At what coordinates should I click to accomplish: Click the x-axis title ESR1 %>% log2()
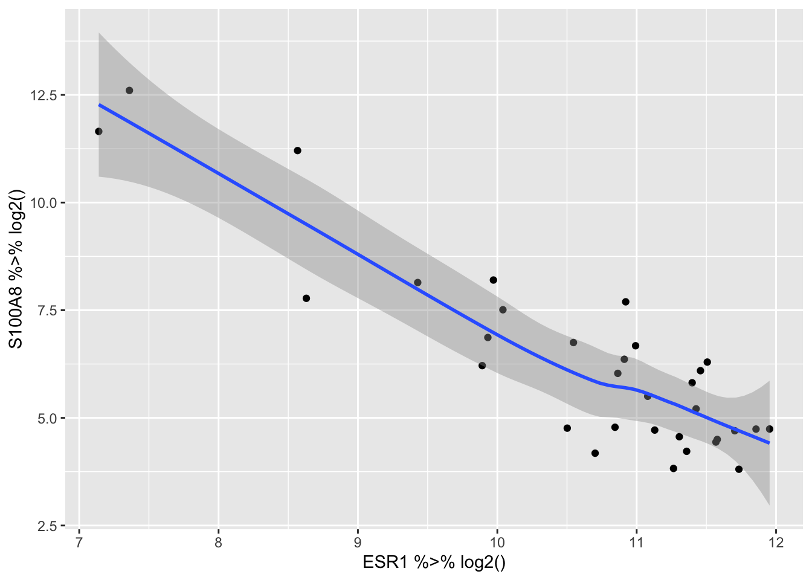[x=434, y=562]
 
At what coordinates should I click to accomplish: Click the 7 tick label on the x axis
[x=79, y=541]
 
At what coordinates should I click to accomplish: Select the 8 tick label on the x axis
[x=218, y=541]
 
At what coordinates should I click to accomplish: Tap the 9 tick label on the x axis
[x=358, y=541]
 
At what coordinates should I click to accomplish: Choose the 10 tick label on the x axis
[x=497, y=541]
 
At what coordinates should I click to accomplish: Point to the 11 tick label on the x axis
[x=636, y=541]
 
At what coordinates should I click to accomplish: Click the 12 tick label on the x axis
[x=776, y=541]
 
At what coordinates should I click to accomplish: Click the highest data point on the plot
[x=129, y=90]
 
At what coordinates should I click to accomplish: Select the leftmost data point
[x=98, y=131]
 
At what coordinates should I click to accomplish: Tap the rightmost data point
[x=769, y=429]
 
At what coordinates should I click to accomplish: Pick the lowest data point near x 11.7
[x=738, y=469]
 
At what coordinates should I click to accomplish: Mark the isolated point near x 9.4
[x=417, y=282]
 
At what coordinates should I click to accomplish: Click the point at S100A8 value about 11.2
[x=297, y=150]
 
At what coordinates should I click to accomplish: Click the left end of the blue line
[x=99, y=105]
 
